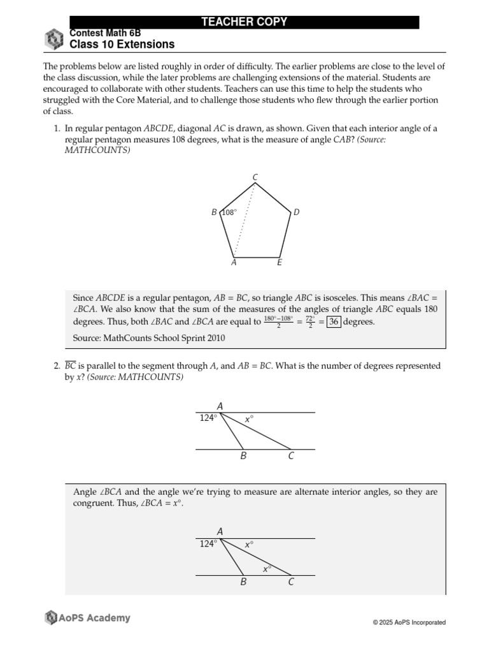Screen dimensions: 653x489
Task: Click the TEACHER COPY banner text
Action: (x=244, y=22)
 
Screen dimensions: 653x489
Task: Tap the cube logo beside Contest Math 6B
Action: (x=53, y=39)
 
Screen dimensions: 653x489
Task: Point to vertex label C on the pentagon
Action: (x=255, y=177)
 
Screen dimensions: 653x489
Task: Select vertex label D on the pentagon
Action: (x=296, y=212)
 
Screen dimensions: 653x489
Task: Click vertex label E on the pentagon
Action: (x=280, y=262)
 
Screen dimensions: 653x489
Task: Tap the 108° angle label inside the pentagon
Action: (x=229, y=213)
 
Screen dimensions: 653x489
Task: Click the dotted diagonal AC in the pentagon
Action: (x=245, y=220)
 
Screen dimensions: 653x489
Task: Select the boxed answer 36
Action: (x=332, y=321)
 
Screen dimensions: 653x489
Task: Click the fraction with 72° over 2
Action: (x=309, y=321)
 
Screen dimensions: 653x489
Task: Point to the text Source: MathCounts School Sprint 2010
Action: (x=149, y=337)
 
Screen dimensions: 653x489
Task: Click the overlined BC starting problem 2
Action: (x=70, y=367)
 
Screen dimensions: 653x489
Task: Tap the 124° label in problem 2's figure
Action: (x=208, y=418)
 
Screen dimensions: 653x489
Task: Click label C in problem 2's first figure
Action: (x=291, y=456)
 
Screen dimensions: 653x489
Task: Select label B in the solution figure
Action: (x=243, y=582)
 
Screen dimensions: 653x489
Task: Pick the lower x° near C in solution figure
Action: (x=267, y=568)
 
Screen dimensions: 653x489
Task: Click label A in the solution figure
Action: (x=220, y=531)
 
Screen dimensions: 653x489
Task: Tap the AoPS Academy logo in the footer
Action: (x=87, y=617)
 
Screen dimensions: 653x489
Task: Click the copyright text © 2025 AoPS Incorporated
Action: (x=409, y=622)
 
